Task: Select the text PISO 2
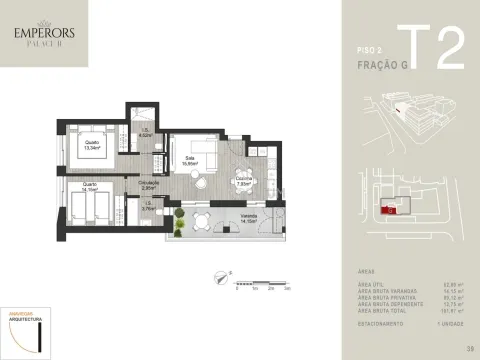coord(370,47)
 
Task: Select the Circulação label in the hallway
coord(150,183)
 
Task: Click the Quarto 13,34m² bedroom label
coord(92,145)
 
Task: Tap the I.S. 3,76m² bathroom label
coord(148,207)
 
